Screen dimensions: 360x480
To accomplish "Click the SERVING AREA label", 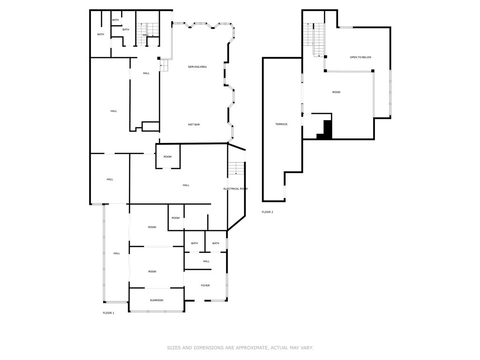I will click(197, 67).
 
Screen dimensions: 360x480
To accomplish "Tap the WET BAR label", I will click(194, 124).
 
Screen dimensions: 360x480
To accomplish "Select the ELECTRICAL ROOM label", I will click(235, 188).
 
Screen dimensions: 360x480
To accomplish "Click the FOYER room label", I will click(205, 285).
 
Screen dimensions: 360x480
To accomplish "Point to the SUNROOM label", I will click(157, 300).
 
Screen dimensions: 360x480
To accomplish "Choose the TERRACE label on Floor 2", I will click(281, 124).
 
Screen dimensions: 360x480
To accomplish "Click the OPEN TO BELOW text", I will click(360, 57).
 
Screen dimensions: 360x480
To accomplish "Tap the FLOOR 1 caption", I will click(108, 313).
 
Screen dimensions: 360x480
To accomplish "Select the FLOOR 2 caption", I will click(267, 212).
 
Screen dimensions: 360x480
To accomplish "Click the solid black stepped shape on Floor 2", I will click(326, 131).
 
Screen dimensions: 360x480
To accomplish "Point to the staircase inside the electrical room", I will click(236, 168).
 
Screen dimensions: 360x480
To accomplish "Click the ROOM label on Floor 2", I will click(336, 92).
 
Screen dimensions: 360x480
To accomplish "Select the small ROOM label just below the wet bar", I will click(167, 157).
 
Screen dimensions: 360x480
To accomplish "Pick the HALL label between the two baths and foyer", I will click(206, 261).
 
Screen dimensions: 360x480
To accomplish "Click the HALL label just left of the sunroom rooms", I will click(116, 253).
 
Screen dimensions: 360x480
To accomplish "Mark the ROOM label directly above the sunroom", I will click(152, 271).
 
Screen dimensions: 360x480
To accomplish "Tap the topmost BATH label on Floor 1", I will click(115, 20).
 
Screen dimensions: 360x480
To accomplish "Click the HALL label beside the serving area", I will click(146, 73).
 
